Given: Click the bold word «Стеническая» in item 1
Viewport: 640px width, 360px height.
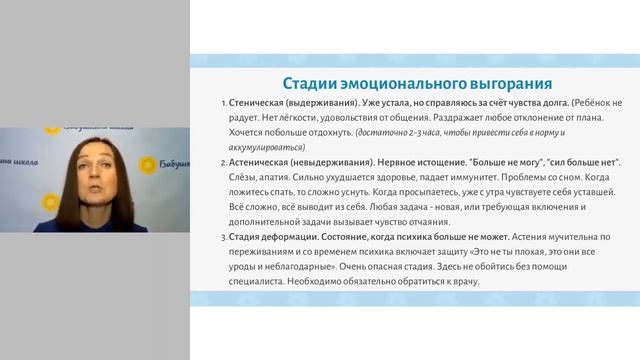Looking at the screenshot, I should click(259, 104).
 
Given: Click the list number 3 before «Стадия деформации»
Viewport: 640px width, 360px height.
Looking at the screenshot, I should click(224, 236).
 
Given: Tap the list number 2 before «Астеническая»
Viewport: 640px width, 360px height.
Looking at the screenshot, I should click(224, 162).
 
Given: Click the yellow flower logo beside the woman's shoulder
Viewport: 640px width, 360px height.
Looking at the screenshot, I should click(147, 164).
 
